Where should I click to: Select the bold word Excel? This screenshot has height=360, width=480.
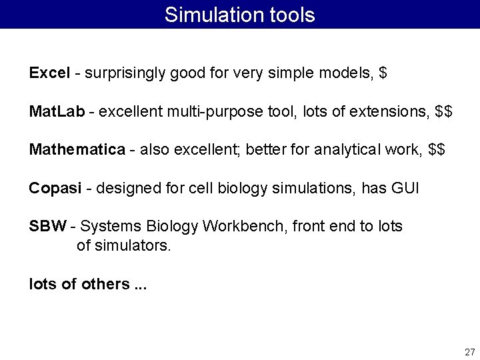coord(49,73)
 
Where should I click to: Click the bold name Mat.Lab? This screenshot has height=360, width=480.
coord(57,111)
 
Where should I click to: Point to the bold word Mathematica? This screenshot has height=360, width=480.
coord(77,149)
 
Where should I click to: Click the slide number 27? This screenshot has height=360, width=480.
coord(469,351)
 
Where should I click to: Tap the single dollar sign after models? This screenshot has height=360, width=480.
coord(382,73)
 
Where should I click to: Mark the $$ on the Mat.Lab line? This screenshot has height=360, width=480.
coord(443,111)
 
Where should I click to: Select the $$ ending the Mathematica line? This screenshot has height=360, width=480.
coord(437,149)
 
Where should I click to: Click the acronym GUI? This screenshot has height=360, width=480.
coord(405,188)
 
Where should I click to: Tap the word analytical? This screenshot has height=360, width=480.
coord(347,149)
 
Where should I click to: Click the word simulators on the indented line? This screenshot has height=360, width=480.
coord(133,245)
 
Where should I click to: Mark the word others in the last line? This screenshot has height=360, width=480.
coord(105,284)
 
